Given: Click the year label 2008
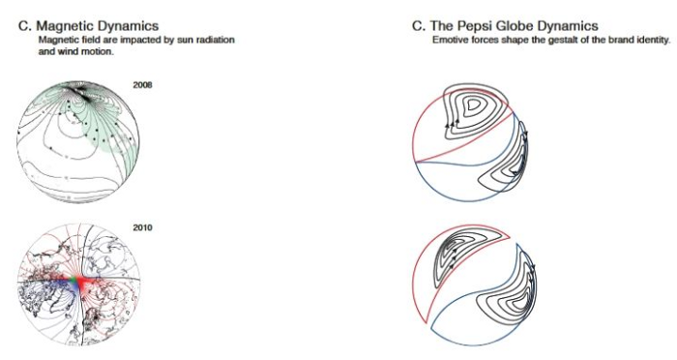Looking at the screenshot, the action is [x=142, y=85].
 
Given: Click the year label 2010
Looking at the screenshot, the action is [x=142, y=227].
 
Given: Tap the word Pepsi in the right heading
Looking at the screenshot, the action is [x=475, y=26].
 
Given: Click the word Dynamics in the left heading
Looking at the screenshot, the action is [x=128, y=26].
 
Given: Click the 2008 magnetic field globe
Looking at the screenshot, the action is [x=78, y=141].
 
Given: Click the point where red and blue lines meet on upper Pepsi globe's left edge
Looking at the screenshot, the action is [x=416, y=162].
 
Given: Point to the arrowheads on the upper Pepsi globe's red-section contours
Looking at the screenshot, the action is [x=452, y=124].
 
